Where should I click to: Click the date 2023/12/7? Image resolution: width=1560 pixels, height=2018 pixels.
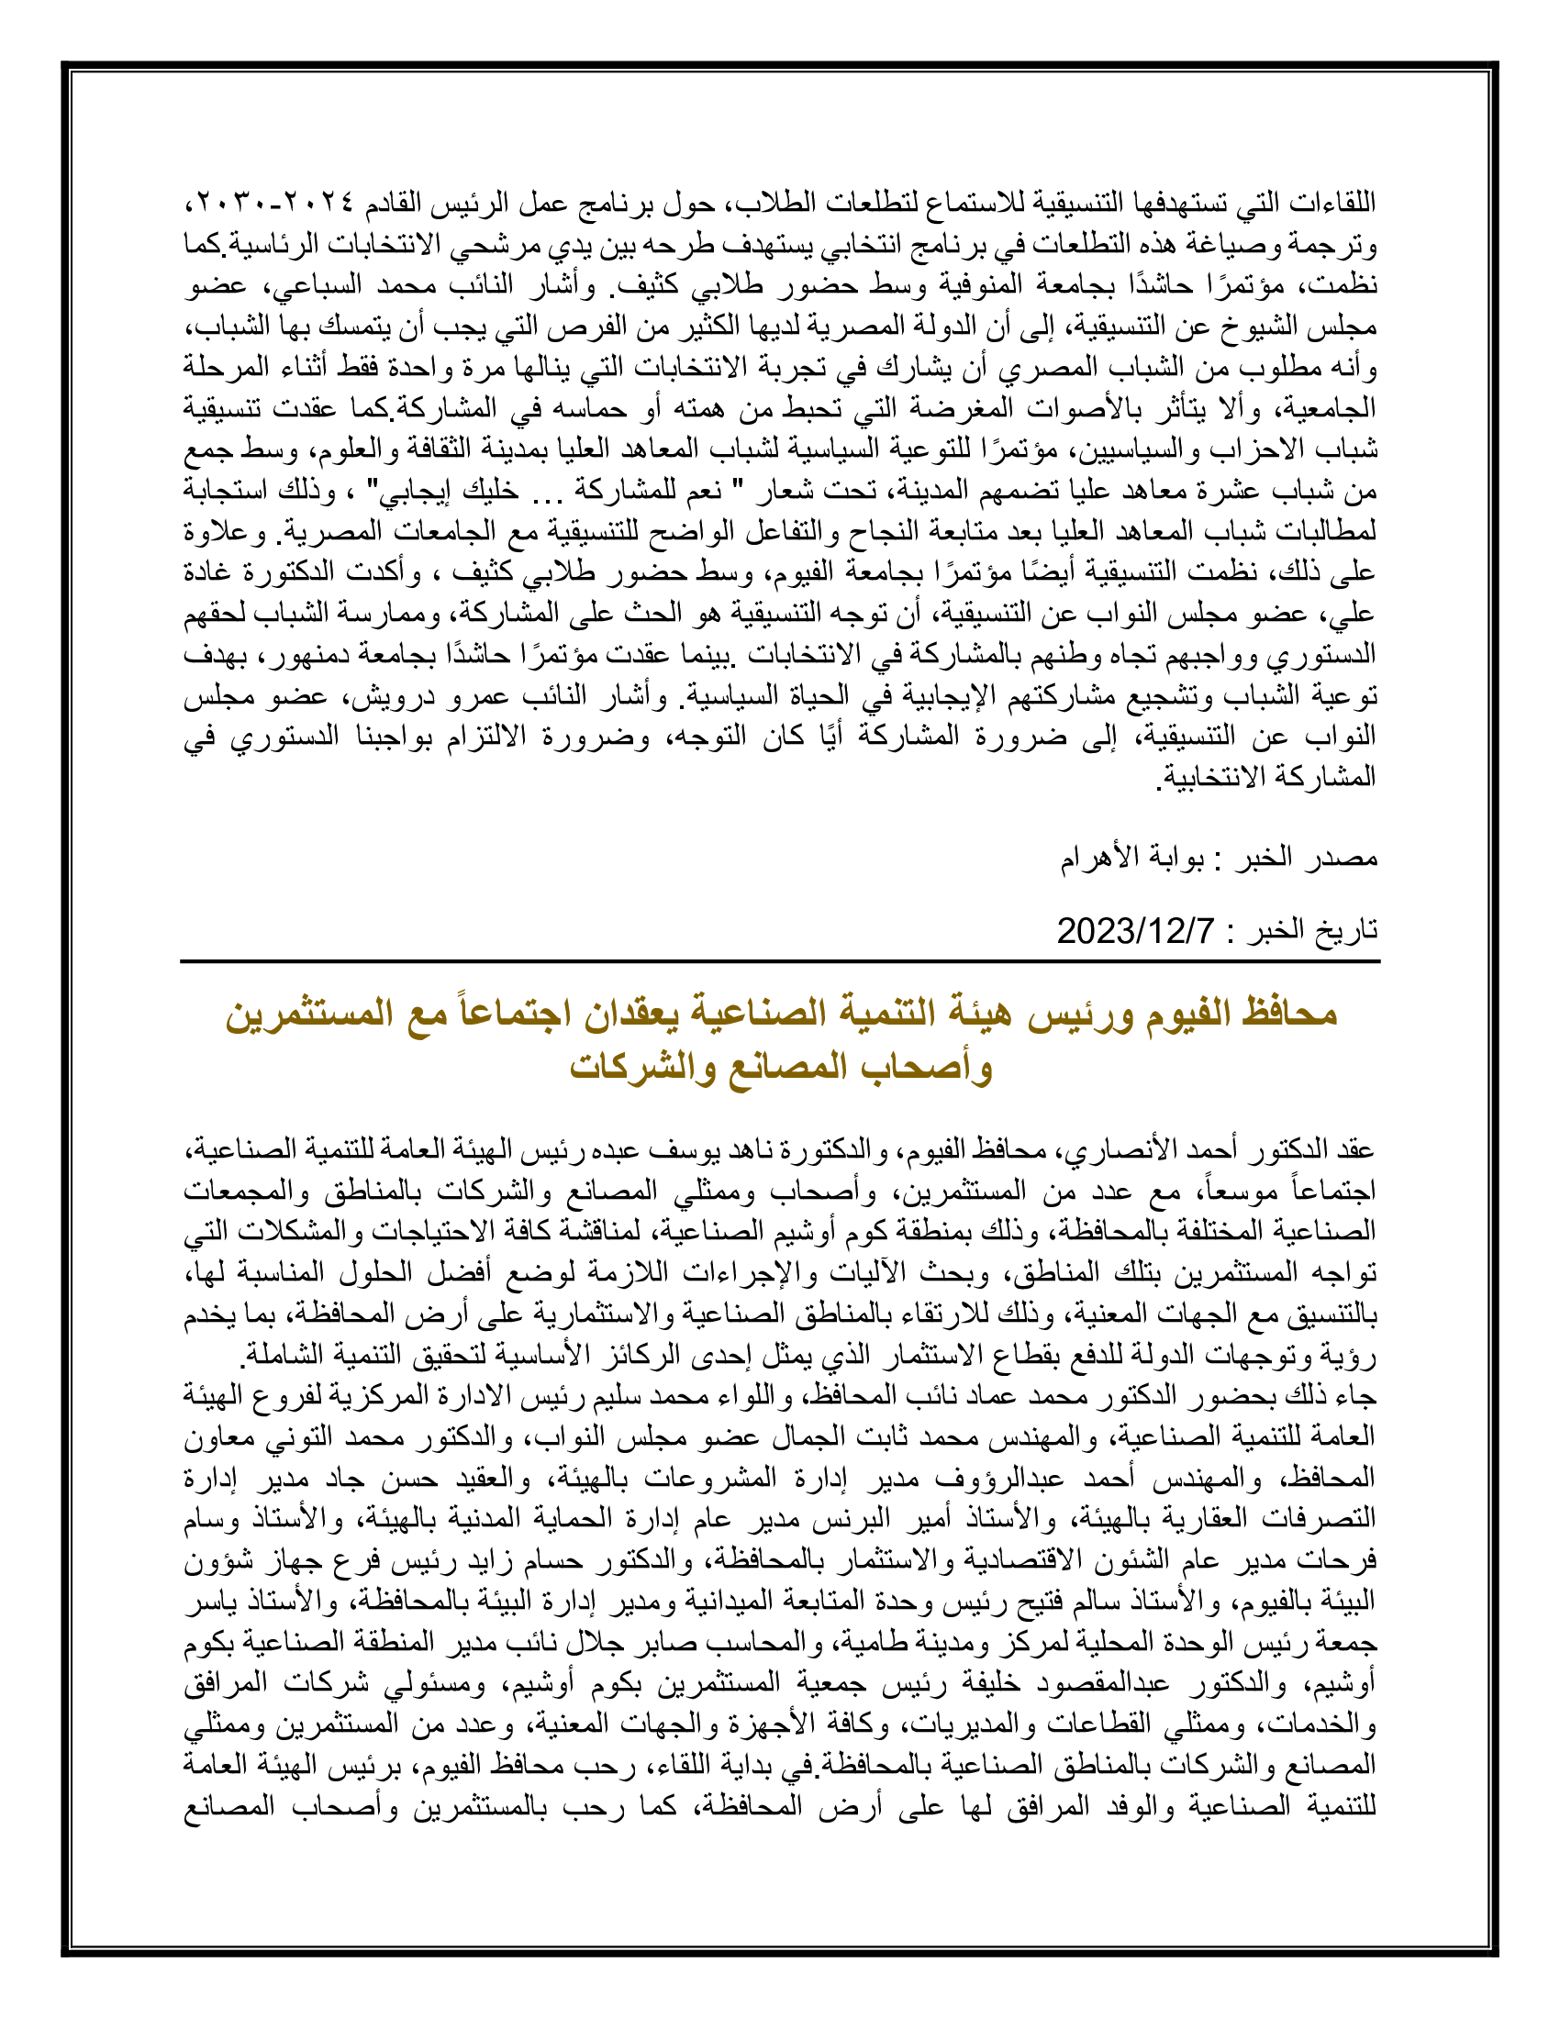pyautogui.click(x=1136, y=930)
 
